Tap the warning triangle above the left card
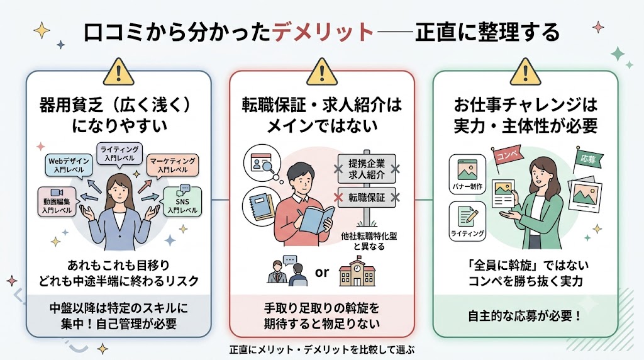(119, 72)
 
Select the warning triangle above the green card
(525, 72)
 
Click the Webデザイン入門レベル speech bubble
(69, 165)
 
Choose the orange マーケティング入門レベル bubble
(172, 165)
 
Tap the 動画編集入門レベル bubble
(57, 201)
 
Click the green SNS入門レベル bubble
(182, 201)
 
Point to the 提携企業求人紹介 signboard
(367, 169)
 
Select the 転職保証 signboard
(367, 198)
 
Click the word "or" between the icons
(322, 273)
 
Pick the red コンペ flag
(506, 157)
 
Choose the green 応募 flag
(588, 158)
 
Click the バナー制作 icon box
(467, 174)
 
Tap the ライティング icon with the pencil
(467, 221)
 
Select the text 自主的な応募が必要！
(525, 316)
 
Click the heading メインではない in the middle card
(322, 126)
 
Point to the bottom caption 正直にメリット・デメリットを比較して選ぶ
(322, 350)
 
